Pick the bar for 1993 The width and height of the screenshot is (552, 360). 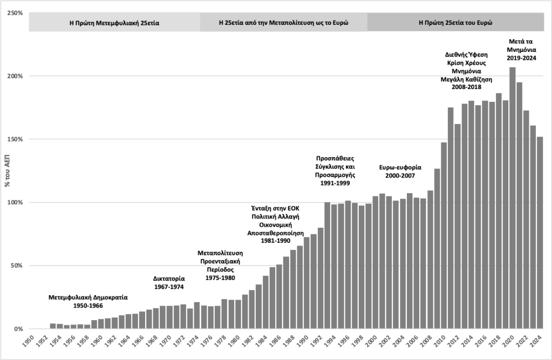327,265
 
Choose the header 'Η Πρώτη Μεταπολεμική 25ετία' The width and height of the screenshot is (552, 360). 114,23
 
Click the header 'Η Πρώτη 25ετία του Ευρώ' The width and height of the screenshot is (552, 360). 455,23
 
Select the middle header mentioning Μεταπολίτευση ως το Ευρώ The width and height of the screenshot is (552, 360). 283,23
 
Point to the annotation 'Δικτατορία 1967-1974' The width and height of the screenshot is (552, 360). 169,283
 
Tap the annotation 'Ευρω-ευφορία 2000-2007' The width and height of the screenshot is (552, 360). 400,171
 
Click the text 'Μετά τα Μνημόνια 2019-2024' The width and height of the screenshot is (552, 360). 522,50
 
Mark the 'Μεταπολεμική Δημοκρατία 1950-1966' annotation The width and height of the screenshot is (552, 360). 88,301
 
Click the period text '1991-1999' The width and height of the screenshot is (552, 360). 334,184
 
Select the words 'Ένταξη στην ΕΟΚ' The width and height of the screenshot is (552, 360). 275,208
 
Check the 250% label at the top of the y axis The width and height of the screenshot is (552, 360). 15,12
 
